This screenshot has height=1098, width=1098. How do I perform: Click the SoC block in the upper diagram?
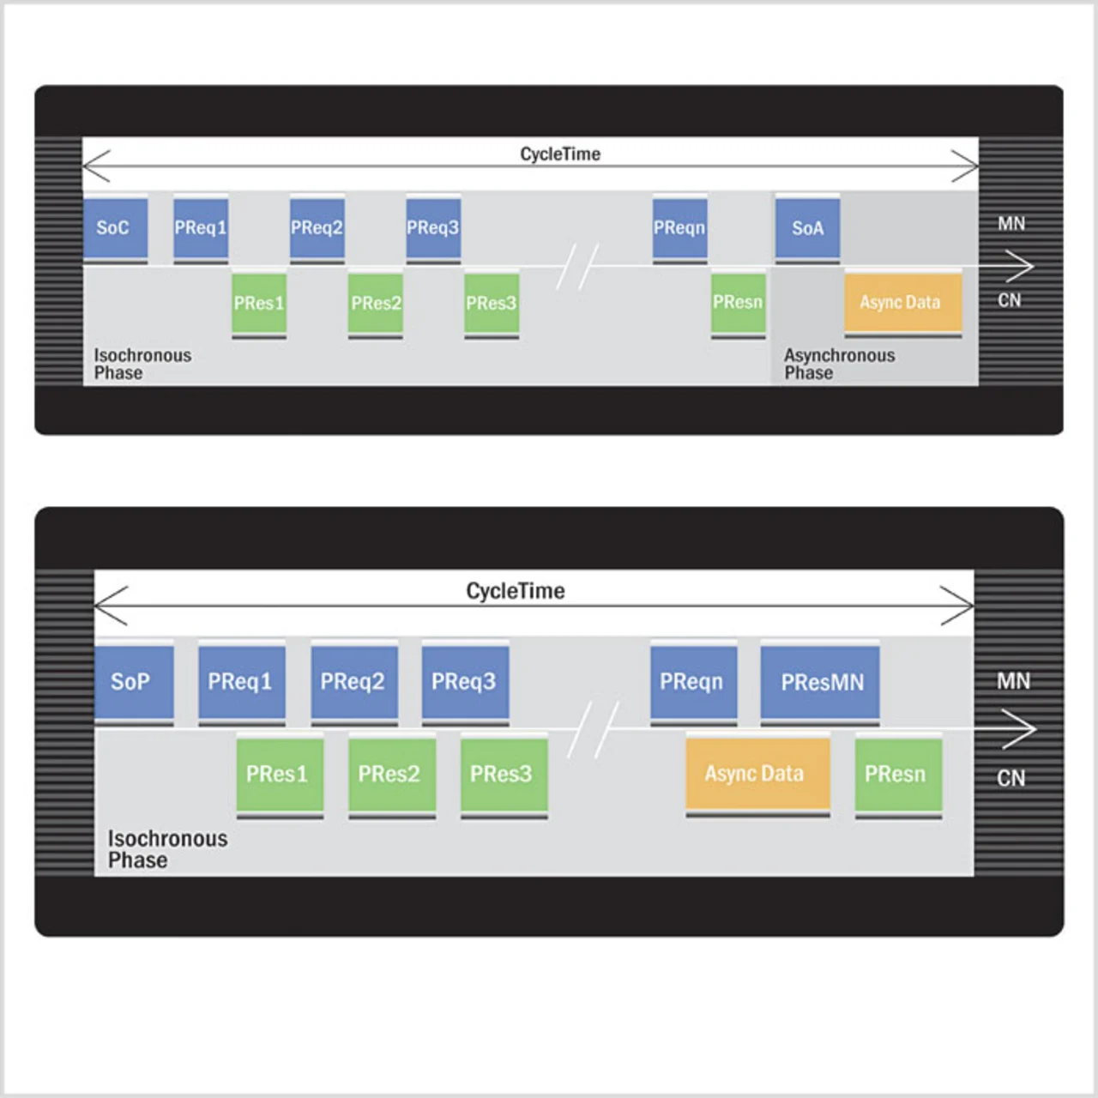pos(115,228)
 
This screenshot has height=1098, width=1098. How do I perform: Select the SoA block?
pos(807,228)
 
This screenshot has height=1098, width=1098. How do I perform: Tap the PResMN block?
pos(820,682)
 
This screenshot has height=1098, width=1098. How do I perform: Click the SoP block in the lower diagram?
pos(133,682)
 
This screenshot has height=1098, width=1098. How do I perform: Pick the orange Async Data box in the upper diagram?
pos(902,302)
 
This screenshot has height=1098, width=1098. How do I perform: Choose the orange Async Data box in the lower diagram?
pos(757,773)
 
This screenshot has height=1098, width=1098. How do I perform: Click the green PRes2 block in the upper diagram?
pos(375,303)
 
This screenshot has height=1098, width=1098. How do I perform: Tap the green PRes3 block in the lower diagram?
pos(504,773)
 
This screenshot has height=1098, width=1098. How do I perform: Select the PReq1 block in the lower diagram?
pos(241,682)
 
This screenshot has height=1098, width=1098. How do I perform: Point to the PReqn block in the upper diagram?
pos(679,228)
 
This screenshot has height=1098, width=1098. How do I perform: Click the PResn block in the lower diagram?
pos(897,773)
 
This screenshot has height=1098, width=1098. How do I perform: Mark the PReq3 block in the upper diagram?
pos(433,228)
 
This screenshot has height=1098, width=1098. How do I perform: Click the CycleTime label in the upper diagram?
pos(560,154)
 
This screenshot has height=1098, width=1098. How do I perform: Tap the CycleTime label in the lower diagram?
pos(516,591)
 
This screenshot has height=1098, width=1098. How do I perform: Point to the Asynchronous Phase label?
pos(838,364)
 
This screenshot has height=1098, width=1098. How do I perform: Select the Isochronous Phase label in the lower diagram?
pos(167,849)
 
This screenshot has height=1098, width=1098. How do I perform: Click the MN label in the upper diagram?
pos(1011,224)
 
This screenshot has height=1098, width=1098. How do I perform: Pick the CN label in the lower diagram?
pos(1011,778)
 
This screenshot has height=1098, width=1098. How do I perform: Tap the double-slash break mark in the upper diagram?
pos(578,267)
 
